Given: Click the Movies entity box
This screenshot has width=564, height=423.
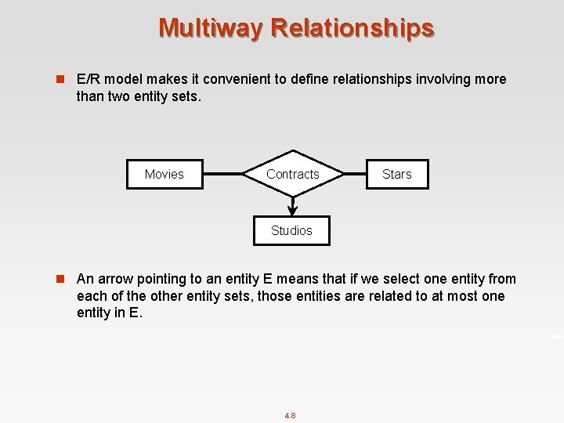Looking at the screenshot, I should click(x=164, y=174).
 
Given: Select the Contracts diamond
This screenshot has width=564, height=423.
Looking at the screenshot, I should click(x=292, y=174).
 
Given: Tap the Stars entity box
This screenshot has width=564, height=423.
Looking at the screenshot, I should click(x=396, y=174).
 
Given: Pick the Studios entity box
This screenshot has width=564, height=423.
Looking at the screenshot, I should click(x=291, y=230).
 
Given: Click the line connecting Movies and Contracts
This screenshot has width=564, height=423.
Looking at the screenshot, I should click(x=222, y=174).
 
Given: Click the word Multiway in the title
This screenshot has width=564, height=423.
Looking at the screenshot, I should click(x=211, y=27).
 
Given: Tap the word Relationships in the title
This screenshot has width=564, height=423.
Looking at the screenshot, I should click(x=352, y=27).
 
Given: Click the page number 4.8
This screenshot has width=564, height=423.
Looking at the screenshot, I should click(x=290, y=415).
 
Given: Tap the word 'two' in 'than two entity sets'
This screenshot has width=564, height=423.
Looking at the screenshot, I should click(x=119, y=96).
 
